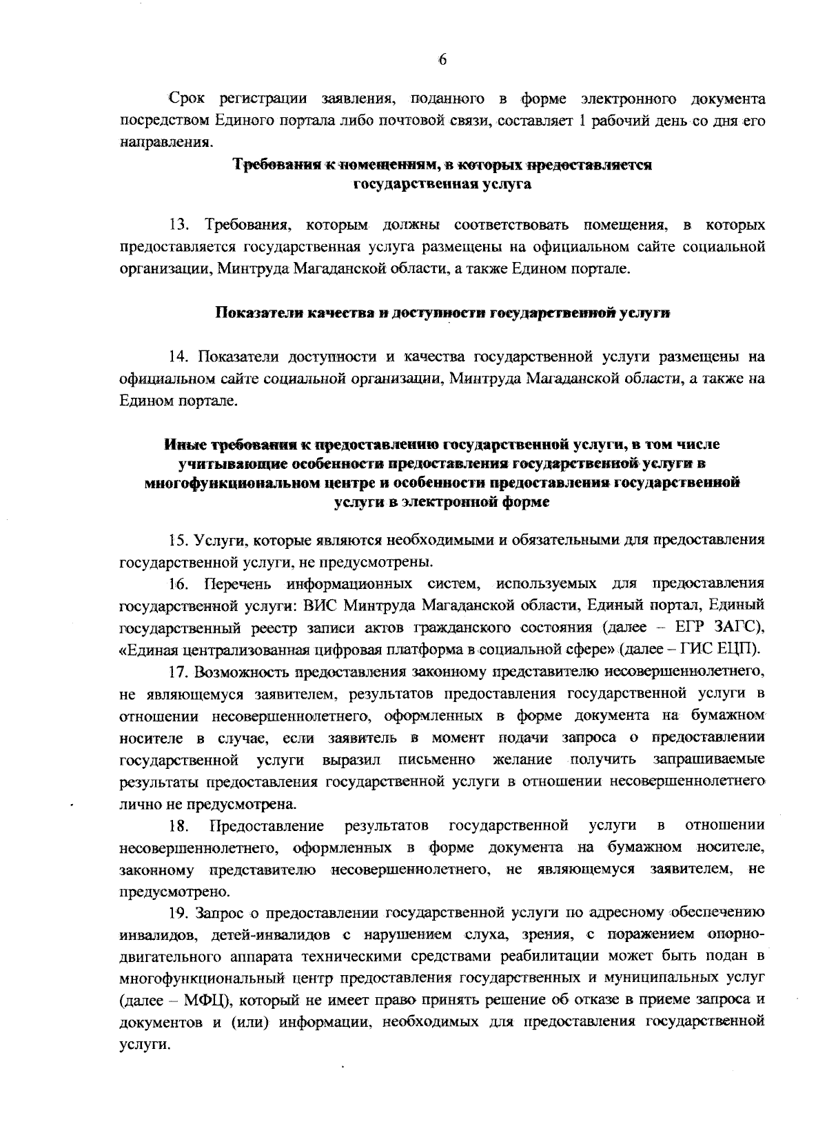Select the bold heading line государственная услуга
pos(442,185)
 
